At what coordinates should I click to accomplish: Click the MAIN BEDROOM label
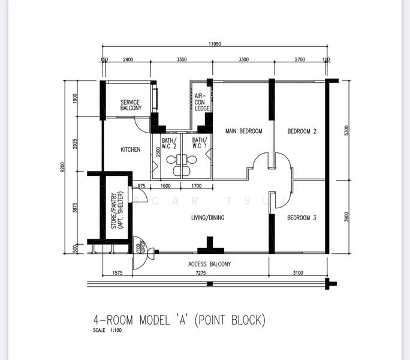point(243,131)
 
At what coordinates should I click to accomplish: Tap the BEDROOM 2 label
point(302,131)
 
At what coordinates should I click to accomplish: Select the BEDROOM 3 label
point(302,218)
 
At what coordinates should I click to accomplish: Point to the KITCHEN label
point(131,149)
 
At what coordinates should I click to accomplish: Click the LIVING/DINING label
point(207,218)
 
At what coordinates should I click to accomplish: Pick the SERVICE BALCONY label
point(131,105)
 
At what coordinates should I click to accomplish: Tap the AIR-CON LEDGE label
point(202,102)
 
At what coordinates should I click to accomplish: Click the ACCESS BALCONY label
point(209,264)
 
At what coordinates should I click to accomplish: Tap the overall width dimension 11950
point(216,44)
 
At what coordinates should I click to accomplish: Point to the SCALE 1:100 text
point(107,330)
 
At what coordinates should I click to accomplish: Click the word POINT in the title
point(227,320)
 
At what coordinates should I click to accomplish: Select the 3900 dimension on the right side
point(346,217)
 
